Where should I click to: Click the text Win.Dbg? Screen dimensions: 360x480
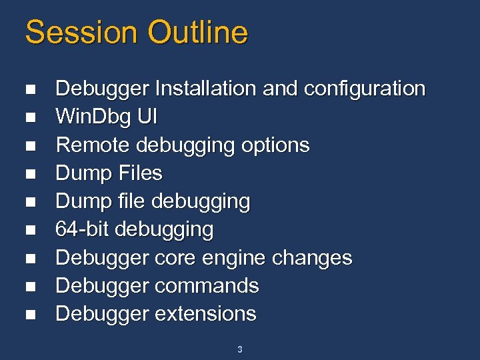93,117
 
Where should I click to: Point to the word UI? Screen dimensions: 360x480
147,117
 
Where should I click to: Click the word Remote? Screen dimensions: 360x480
93,145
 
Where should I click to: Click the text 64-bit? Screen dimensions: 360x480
83,230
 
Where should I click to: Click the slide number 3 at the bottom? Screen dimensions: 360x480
240,349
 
